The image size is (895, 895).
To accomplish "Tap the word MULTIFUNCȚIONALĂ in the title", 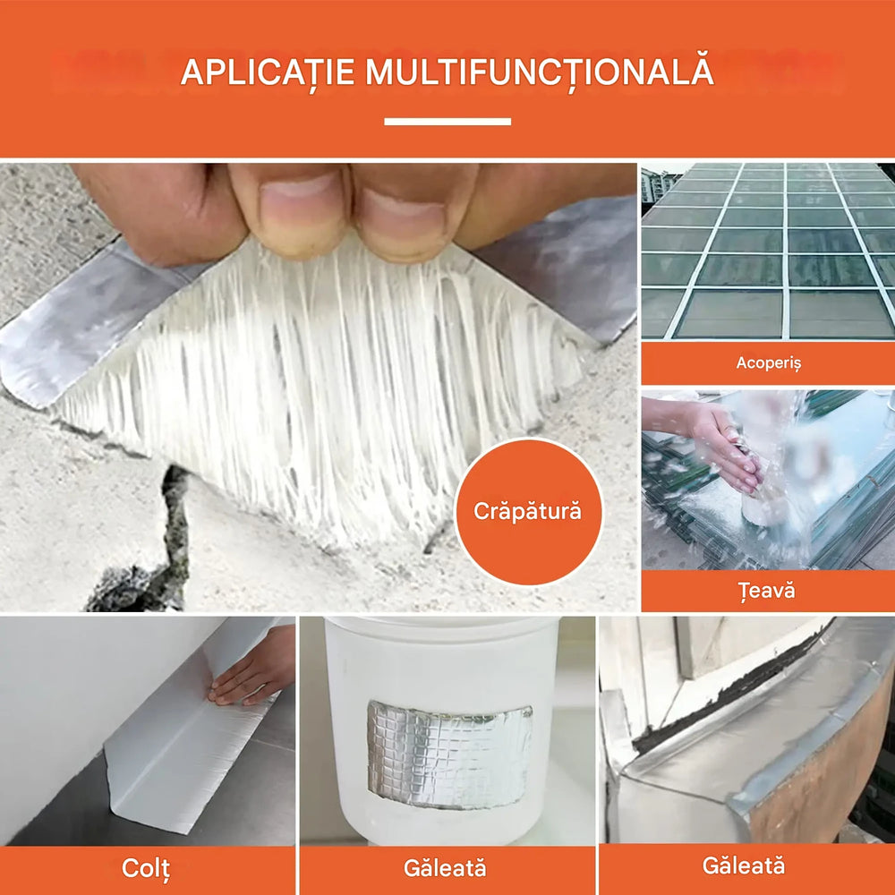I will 539,72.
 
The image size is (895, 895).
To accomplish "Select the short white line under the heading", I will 447,122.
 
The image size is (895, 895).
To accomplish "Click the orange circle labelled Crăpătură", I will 528,512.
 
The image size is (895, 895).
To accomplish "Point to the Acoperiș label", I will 768,363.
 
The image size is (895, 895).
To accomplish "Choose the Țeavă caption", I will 768,591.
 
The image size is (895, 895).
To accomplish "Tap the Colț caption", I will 146,867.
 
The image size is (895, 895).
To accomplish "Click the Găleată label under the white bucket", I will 445,867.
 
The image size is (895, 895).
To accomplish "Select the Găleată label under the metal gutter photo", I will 744,865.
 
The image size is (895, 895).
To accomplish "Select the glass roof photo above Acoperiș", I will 768,251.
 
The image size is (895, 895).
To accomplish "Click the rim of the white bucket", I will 443,626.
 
